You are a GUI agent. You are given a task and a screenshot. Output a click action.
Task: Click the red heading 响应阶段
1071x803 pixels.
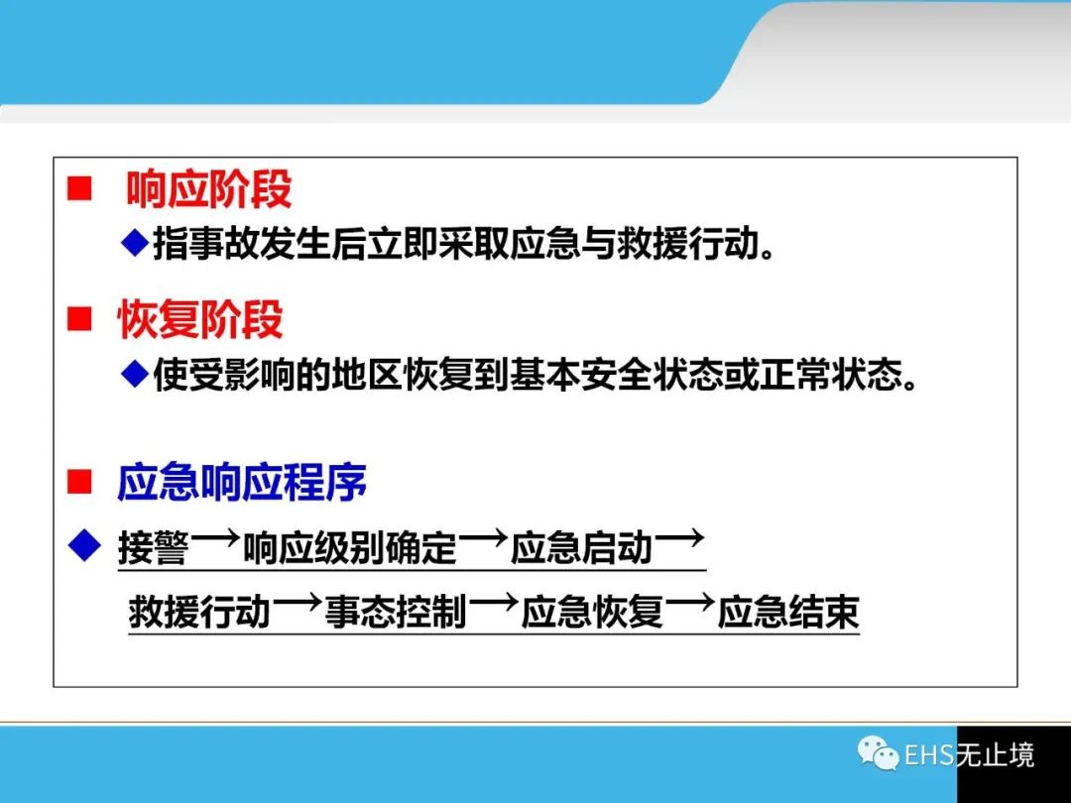pyautogui.click(x=209, y=188)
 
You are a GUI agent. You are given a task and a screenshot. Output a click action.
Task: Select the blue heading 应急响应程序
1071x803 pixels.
pyautogui.click(x=242, y=482)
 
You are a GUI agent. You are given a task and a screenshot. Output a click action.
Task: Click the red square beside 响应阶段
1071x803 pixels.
pyautogui.click(x=79, y=188)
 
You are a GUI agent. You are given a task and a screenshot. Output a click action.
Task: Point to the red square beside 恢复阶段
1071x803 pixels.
pyautogui.click(x=79, y=319)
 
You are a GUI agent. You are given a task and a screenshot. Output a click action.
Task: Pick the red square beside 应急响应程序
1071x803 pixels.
pyautogui.click(x=79, y=482)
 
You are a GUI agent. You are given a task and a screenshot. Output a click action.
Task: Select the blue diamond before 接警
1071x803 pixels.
pyautogui.click(x=84, y=545)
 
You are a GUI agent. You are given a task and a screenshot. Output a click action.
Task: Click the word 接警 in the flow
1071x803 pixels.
pyautogui.click(x=153, y=547)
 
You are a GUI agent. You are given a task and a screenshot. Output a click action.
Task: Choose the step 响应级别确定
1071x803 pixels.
pyautogui.click(x=350, y=547)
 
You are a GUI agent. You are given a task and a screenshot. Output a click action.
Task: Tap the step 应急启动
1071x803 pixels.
pyautogui.click(x=581, y=547)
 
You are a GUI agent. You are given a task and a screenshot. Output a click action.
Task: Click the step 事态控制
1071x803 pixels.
pyautogui.click(x=396, y=611)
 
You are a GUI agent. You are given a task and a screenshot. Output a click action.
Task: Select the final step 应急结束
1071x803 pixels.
pyautogui.click(x=787, y=611)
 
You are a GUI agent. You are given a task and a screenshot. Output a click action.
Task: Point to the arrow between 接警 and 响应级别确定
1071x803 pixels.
pyautogui.click(x=216, y=539)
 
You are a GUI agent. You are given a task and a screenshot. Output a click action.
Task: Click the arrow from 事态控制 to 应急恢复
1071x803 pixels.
pyautogui.click(x=493, y=603)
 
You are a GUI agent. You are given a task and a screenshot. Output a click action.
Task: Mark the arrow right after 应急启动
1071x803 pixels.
pyautogui.click(x=679, y=539)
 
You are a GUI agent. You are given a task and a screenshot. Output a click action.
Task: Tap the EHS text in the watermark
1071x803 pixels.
pyautogui.click(x=929, y=754)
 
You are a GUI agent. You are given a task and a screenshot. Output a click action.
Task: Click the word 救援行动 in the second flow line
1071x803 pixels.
pyautogui.click(x=199, y=611)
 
